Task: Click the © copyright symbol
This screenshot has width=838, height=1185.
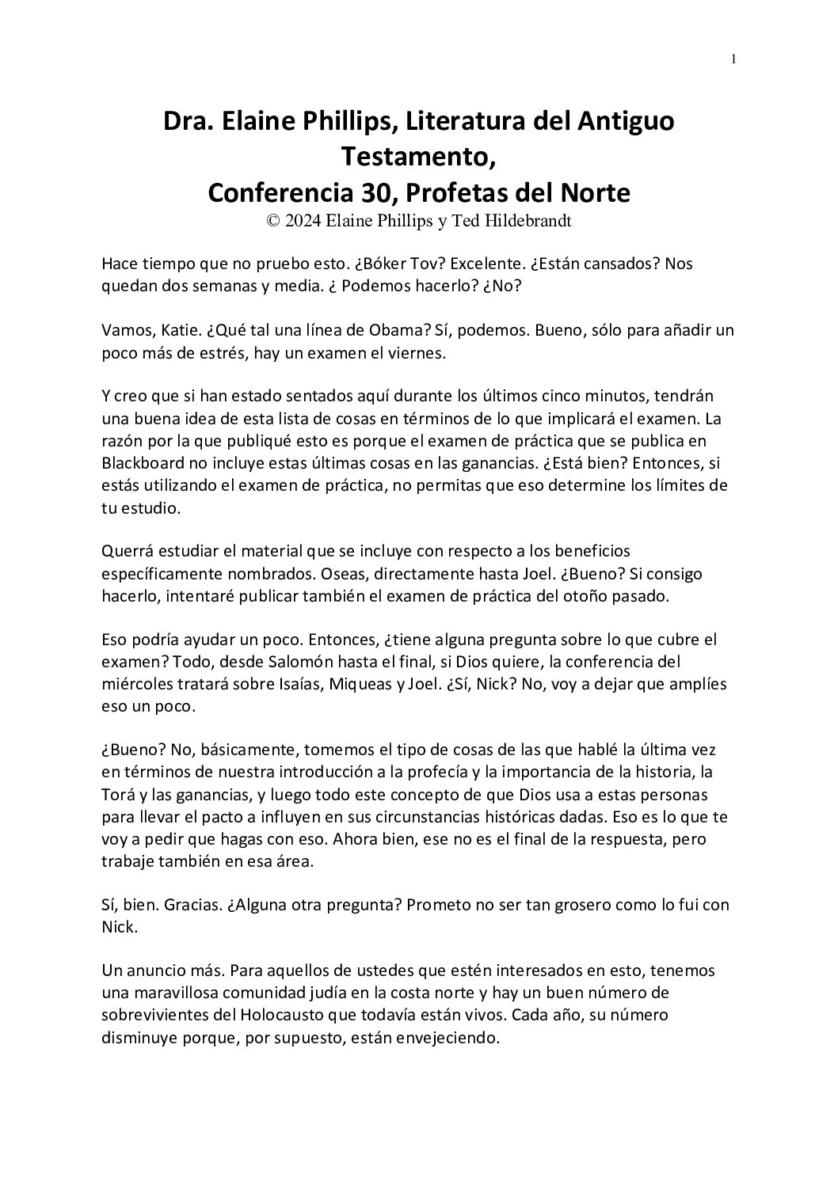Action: [273, 222]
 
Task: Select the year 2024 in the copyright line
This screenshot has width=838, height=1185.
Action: [303, 222]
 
